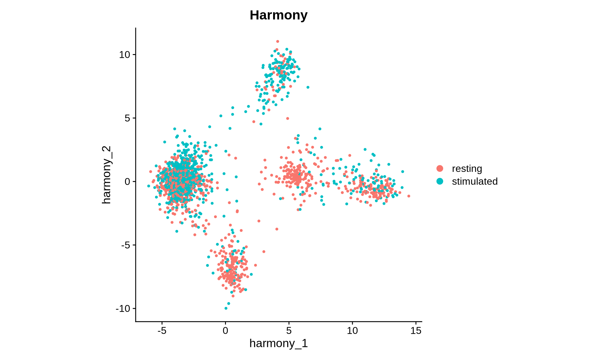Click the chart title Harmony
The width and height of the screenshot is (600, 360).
(278, 15)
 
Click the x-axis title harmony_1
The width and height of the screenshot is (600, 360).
(278, 343)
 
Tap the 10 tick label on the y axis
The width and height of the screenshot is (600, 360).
(124, 55)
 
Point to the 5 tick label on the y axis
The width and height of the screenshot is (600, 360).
(127, 118)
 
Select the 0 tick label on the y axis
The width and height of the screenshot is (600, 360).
(127, 182)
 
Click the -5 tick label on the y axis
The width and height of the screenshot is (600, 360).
(125, 245)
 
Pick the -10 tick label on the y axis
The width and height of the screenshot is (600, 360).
(123, 308)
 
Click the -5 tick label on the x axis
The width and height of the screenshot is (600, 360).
(162, 331)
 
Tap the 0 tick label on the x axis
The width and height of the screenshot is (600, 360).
(225, 331)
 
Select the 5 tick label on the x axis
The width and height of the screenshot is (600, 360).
(289, 331)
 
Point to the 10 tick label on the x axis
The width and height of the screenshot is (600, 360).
(352, 331)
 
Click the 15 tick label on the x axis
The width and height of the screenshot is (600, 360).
(416, 331)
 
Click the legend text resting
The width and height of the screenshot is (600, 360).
(467, 168)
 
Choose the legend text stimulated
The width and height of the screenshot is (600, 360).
(475, 181)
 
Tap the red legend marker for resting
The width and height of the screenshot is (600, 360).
(440, 168)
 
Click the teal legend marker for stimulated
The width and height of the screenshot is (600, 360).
(440, 181)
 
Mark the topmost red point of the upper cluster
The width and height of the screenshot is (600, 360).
(277, 41)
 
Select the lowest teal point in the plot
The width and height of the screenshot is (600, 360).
(226, 308)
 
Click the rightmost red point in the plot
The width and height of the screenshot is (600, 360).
(409, 196)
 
